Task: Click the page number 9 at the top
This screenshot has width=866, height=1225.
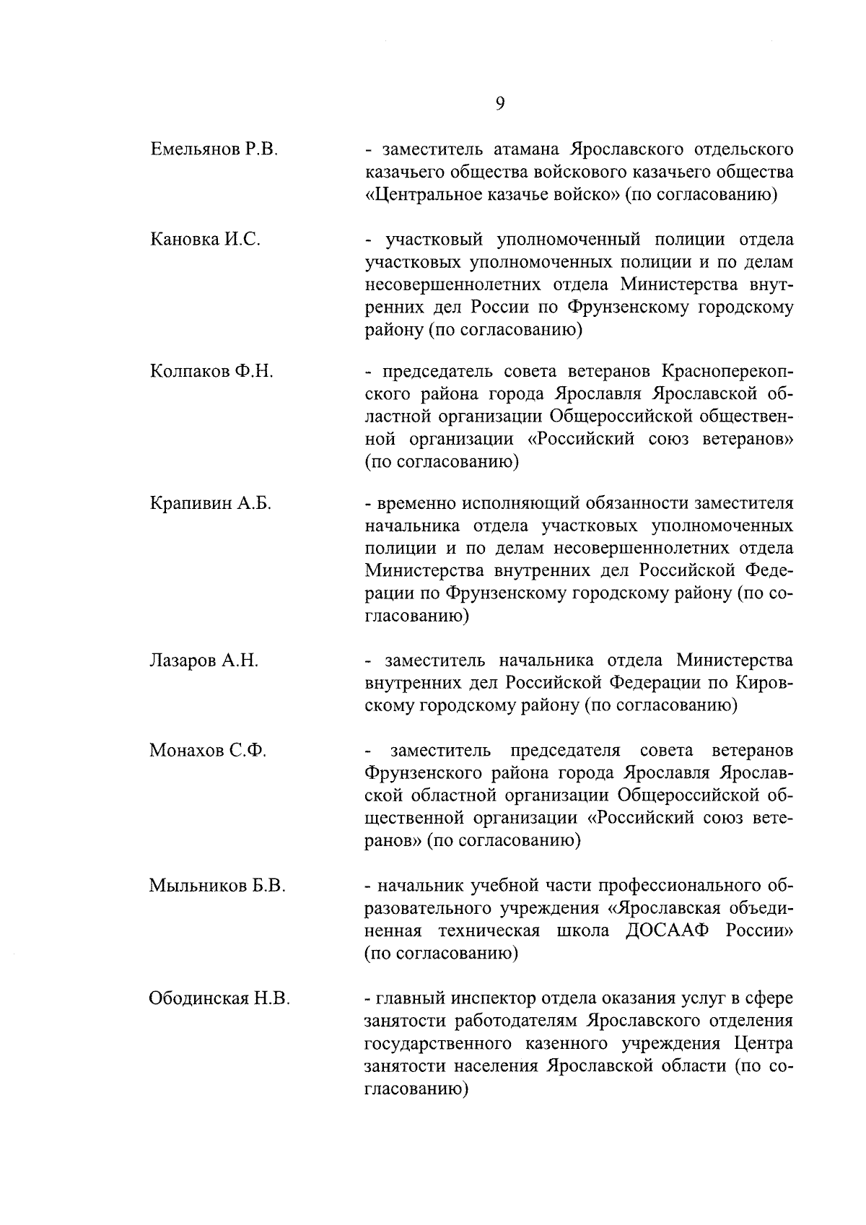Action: click(500, 103)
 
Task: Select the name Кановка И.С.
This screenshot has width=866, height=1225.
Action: click(205, 240)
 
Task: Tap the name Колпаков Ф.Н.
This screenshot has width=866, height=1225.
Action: click(211, 372)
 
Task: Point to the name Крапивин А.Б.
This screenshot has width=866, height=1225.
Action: click(210, 504)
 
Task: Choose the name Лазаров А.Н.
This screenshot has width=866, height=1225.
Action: click(204, 661)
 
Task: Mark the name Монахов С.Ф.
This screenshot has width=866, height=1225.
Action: click(208, 751)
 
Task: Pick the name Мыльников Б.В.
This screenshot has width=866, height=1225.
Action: click(217, 886)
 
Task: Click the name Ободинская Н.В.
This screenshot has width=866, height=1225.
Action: click(219, 999)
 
